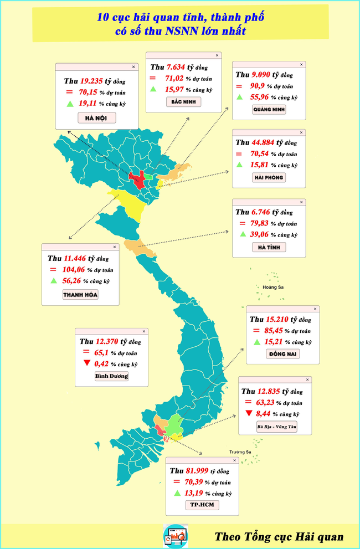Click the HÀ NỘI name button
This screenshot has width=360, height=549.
pos(92,117)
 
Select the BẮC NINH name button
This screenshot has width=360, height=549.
pos(183,102)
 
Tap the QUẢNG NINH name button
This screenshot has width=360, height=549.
pos(269,109)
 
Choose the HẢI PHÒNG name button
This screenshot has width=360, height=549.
pos(269,177)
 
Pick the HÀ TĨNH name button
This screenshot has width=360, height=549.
pos(269,247)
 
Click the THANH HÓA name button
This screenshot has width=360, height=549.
pos(80,295)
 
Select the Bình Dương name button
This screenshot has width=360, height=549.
pos(111,376)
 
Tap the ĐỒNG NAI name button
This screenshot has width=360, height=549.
pos(283,354)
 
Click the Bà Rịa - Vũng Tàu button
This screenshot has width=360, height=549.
pos(277,427)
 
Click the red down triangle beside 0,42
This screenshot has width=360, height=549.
pos(86,363)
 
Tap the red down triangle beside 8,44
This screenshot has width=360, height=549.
pos(249,414)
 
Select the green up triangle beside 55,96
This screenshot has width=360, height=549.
pos(240,97)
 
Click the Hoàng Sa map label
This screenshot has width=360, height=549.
pos(273,287)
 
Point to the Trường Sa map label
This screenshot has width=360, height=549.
pos(240,452)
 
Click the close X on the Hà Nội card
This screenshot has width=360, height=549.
pos(133,66)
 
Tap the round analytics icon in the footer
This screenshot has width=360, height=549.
pos(175,536)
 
